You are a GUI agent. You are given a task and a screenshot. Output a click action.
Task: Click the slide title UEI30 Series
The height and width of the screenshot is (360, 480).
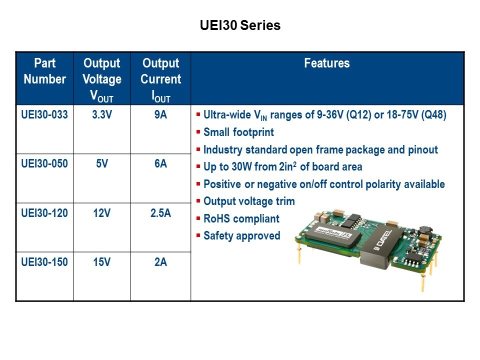pyautogui.click(x=240, y=25)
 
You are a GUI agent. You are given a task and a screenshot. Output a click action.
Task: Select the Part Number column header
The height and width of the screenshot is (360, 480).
pyautogui.click(x=44, y=71)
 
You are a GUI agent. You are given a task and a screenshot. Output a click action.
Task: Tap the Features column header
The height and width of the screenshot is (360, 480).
pyautogui.click(x=327, y=63)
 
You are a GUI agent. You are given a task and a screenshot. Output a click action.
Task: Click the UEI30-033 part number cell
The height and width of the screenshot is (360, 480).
pyautogui.click(x=44, y=114)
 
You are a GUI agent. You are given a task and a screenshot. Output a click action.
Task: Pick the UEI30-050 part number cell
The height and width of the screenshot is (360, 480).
pyautogui.click(x=44, y=163)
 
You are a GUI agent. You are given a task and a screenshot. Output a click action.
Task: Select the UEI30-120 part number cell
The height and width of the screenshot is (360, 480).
pyautogui.click(x=44, y=213)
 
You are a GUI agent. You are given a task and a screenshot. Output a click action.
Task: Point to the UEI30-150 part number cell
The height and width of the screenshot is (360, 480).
pyautogui.click(x=44, y=262)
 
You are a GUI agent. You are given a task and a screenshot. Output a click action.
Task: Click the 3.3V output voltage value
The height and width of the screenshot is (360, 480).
pyautogui.click(x=102, y=114)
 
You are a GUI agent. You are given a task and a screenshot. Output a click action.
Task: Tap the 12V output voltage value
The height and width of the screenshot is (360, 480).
pyautogui.click(x=102, y=213)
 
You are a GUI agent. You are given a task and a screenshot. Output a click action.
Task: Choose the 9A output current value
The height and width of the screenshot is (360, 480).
pyautogui.click(x=160, y=114)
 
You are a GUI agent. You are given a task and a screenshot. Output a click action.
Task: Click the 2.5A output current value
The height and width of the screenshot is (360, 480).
pyautogui.click(x=160, y=213)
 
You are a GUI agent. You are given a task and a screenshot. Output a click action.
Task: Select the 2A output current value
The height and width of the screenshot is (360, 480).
pyautogui.click(x=160, y=262)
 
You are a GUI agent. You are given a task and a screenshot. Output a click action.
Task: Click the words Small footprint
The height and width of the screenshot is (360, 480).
pyautogui.click(x=239, y=132)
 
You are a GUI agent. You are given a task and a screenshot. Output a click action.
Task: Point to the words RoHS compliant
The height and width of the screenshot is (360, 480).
pyautogui.click(x=241, y=218)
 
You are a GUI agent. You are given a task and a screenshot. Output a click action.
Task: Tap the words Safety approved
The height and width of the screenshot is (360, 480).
pyautogui.click(x=242, y=235)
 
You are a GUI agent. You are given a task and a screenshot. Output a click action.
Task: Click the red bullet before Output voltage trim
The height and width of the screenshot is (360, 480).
pyautogui.click(x=198, y=201)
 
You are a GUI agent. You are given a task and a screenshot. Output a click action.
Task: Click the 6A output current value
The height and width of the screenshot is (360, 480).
pyautogui.click(x=160, y=163)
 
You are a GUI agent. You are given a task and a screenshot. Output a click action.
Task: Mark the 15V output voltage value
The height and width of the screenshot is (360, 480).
pyautogui.click(x=102, y=262)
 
